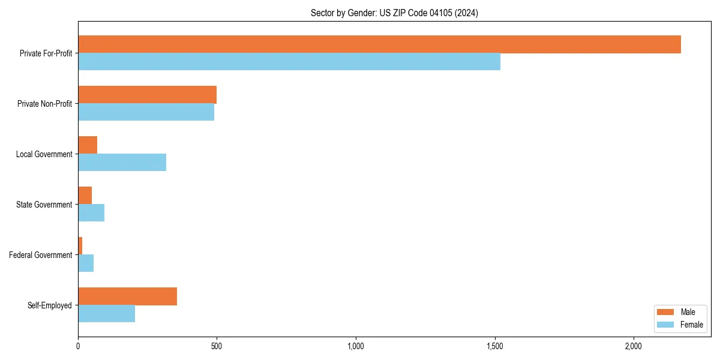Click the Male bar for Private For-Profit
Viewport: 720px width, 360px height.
379,44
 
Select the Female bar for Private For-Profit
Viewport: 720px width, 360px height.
289,62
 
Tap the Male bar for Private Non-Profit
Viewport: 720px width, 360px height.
147,95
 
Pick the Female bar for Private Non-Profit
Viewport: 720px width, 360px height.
146,112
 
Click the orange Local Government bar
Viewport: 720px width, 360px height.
88,145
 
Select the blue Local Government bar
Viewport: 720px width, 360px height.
122,163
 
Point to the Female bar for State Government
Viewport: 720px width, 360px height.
91,213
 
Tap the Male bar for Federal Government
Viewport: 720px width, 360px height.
80,246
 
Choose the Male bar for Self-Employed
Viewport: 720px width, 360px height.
127,296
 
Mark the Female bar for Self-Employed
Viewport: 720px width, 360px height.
106,314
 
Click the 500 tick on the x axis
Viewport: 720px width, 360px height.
217,346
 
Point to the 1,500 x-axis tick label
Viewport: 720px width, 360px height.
494,346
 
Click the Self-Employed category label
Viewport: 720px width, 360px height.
49,305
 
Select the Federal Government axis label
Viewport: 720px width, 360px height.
41,255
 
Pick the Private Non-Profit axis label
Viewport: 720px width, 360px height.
44,104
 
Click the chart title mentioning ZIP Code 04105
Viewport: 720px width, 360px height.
394,13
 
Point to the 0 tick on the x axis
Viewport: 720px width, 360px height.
78,346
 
